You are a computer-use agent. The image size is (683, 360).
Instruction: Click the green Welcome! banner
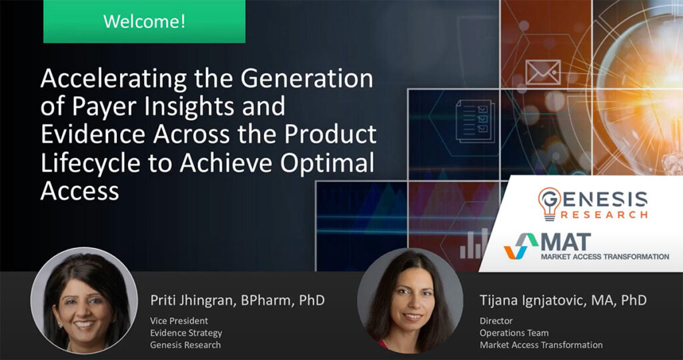(144, 21)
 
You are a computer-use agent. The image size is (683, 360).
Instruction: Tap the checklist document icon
(474, 120)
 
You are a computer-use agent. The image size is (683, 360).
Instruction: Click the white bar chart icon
(474, 243)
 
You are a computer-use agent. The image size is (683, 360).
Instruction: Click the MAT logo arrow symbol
(521, 246)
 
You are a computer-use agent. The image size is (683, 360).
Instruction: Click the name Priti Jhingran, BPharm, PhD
(237, 300)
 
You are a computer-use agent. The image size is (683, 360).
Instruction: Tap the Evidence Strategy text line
(186, 333)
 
